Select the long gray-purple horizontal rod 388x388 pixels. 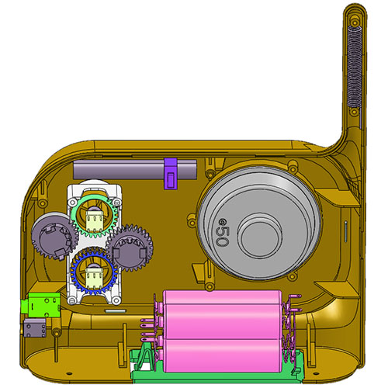coord(116,168)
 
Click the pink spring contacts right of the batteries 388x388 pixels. coord(292,330)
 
